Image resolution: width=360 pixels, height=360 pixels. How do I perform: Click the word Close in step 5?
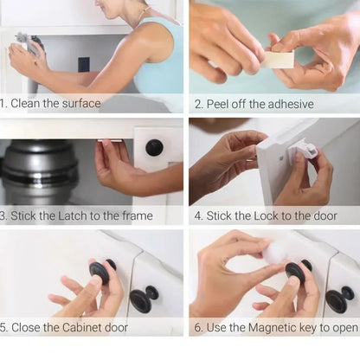(27, 328)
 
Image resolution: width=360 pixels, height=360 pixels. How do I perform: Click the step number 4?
(196, 215)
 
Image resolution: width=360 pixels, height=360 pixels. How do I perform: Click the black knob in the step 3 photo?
(154, 148)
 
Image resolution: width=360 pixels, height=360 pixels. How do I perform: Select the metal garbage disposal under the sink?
(39, 171)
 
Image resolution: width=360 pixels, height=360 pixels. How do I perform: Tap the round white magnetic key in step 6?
(274, 252)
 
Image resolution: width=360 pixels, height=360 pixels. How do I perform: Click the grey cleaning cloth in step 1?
(24, 41)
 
